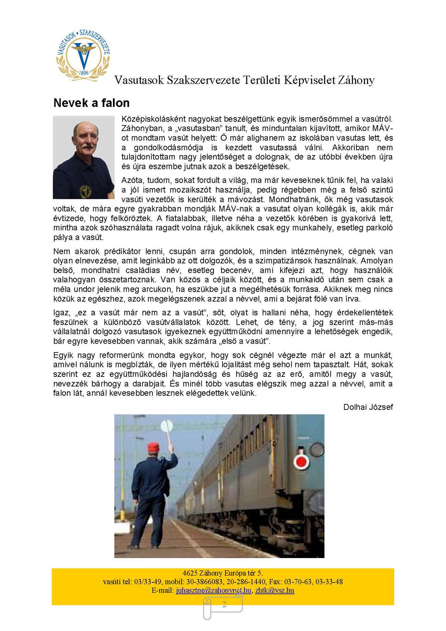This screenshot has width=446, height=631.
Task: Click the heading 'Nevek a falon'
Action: point(91,103)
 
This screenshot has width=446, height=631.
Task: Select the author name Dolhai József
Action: point(368,407)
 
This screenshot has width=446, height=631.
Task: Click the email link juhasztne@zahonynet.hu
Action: point(213,590)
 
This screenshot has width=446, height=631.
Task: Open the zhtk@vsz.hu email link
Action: point(274,590)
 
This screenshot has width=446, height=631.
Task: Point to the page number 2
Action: point(224,604)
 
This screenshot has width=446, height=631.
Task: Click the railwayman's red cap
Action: point(153,446)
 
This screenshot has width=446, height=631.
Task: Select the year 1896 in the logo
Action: point(84,73)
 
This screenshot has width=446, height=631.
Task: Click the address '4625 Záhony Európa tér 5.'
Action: point(223,573)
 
